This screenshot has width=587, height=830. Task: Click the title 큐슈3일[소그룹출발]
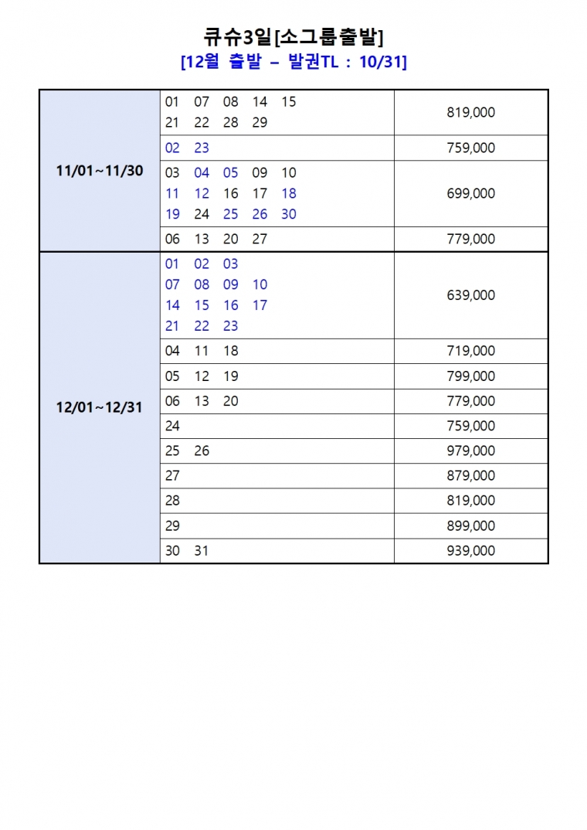293,36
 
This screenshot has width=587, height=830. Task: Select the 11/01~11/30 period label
100,171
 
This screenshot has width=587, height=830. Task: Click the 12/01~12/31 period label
100,407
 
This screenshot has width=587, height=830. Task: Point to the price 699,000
470,193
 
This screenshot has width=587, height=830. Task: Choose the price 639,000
470,295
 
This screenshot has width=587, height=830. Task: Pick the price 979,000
470,451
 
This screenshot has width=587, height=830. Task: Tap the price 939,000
470,551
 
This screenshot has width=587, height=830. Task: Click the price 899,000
470,526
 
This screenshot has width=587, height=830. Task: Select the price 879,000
470,476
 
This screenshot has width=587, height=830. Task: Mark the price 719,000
470,351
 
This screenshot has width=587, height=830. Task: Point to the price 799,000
470,376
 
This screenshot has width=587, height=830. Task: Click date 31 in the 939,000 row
202,551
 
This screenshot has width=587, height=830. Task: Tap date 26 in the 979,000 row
202,451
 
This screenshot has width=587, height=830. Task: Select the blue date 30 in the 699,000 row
289,214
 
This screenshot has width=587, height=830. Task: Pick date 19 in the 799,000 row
231,376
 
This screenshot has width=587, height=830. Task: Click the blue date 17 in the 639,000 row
260,305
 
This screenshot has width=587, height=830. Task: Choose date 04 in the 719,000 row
172,351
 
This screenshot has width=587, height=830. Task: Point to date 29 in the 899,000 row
172,526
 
